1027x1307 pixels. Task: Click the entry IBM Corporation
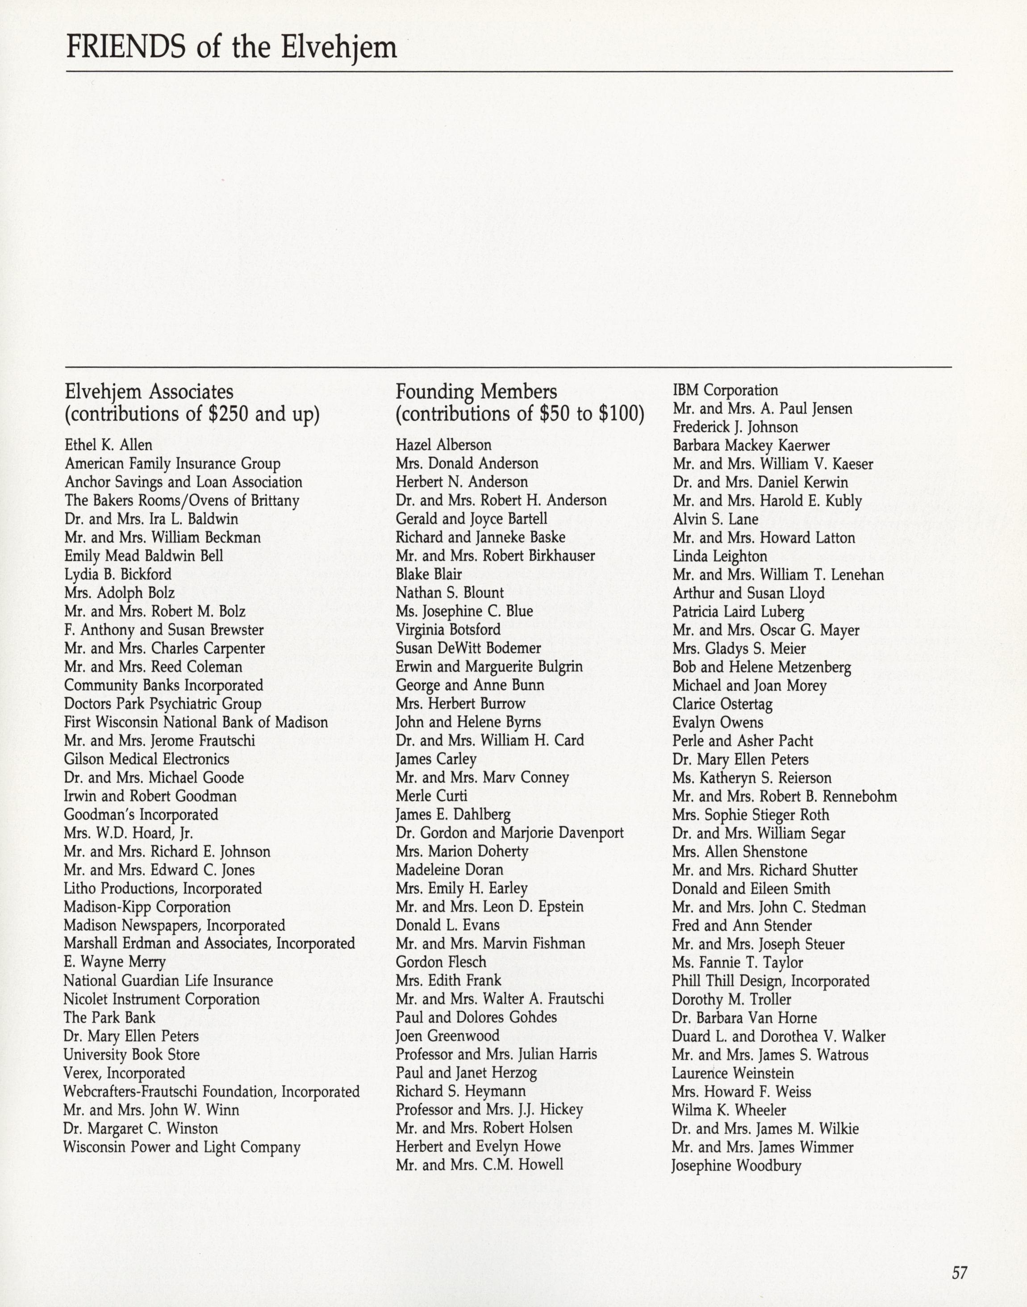pyautogui.click(x=725, y=390)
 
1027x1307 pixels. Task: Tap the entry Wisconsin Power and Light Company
pyautogui.click(x=182, y=1147)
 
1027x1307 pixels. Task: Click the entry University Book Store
pyautogui.click(x=132, y=1055)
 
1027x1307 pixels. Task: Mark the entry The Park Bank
pyautogui.click(x=109, y=1017)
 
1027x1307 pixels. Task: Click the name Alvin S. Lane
pyautogui.click(x=715, y=519)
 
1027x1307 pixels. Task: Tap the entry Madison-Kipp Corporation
pyautogui.click(x=147, y=906)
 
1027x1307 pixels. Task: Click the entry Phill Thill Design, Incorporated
pyautogui.click(x=771, y=981)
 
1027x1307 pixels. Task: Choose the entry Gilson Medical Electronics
pyautogui.click(x=147, y=759)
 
